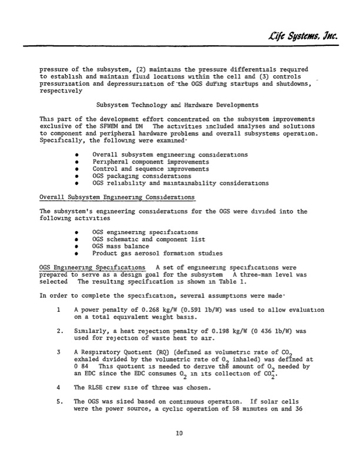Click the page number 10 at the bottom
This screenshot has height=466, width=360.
pos(180,451)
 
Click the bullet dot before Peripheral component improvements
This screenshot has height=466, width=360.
pos(78,161)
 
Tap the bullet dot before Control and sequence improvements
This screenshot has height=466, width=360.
pos(78,168)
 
